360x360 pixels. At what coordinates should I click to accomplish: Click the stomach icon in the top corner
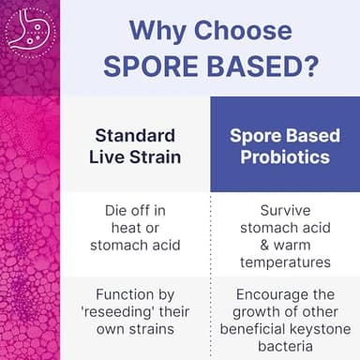pos(29,28)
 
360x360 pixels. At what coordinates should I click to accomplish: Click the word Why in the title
pos(154,30)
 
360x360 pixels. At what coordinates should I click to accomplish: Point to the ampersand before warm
pos(242,245)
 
